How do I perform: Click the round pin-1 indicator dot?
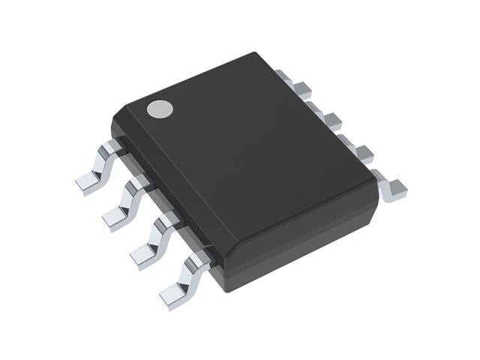pyautogui.click(x=159, y=109)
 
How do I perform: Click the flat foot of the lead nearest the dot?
pyautogui.click(x=86, y=182)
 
